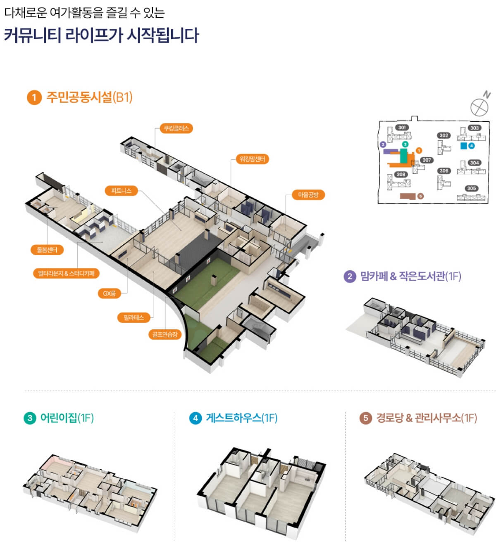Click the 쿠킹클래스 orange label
176,128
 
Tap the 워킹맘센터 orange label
252,159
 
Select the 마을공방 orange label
308,195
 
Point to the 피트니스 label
121,191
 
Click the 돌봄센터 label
47,250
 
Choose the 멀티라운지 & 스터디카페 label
66,273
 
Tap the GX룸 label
110,293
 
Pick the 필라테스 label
134,317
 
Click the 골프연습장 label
165,334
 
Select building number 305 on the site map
472,188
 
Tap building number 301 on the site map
402,128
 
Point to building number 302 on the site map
444,135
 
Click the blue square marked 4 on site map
464,146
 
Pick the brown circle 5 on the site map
421,196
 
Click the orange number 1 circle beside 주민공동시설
34,97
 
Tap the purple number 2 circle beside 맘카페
350,276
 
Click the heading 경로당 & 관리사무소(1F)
426,418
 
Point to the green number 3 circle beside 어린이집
29,418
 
